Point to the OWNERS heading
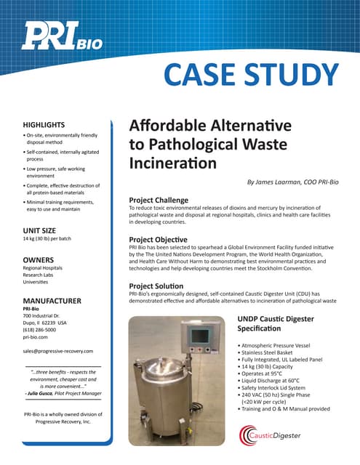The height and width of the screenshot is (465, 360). tap(39, 259)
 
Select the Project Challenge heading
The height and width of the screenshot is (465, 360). tap(159, 200)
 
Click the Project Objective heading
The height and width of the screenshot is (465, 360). tap(158, 239)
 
